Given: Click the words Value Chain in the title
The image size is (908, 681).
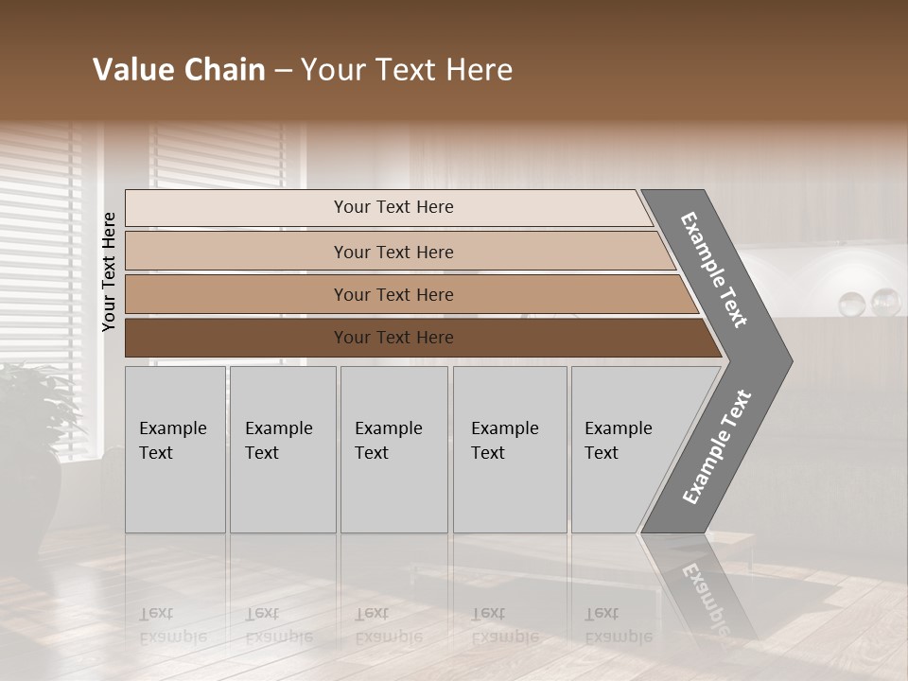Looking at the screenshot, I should [179, 70].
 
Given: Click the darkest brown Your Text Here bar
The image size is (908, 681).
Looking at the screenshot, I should [393, 338].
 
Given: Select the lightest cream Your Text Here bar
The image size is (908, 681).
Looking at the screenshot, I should [393, 207].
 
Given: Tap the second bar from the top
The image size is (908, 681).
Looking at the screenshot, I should [393, 252].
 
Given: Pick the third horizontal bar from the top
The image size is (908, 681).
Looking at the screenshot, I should [393, 294].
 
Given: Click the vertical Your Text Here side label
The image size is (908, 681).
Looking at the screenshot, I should [109, 271].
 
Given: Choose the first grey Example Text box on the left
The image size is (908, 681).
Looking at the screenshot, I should [175, 449].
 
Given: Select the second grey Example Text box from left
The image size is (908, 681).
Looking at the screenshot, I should [282, 449].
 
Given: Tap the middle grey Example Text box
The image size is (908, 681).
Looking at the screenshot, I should [393, 449].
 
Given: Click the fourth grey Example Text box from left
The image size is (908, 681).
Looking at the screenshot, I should [509, 449].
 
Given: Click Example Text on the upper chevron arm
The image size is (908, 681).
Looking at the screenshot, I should [715, 271].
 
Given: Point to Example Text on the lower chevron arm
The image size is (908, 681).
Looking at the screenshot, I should [716, 447].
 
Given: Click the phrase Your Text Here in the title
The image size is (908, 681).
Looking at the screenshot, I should [407, 70].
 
